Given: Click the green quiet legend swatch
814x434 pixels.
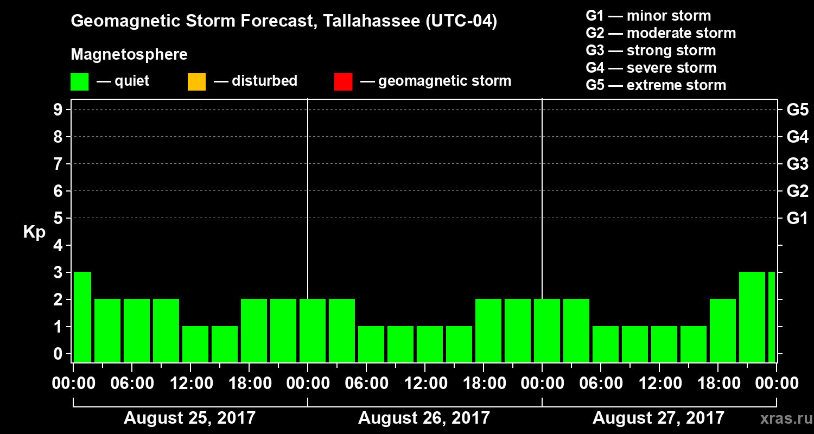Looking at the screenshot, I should [x=79, y=81].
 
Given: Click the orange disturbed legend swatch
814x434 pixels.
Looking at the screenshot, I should [x=196, y=81].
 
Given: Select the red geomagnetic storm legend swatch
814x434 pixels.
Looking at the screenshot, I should [x=343, y=81].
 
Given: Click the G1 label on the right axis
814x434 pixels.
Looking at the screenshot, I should [x=797, y=219].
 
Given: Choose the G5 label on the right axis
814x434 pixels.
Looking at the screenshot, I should [x=797, y=110].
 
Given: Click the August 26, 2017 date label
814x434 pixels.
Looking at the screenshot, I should [x=424, y=418].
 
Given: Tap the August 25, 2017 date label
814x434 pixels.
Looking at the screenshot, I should [x=189, y=418].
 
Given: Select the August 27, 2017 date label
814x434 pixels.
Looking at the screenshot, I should [x=658, y=418].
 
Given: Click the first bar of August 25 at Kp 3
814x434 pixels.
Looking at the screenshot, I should [x=82, y=317].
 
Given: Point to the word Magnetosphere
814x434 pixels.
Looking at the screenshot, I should [x=129, y=55].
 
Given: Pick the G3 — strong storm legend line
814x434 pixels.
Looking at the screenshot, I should [x=651, y=50].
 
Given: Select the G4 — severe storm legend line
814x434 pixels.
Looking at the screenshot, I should [x=651, y=68].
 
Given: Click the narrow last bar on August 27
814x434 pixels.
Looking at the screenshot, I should [x=771, y=317].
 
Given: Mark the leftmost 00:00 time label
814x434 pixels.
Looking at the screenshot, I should [x=73, y=384].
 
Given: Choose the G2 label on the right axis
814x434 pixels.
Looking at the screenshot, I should [x=797, y=192].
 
